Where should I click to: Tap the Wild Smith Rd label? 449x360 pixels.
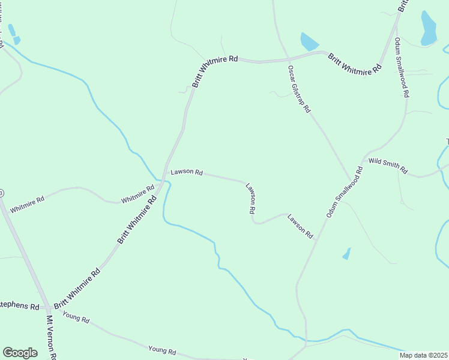[388, 166]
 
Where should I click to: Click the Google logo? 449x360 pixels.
[20, 353]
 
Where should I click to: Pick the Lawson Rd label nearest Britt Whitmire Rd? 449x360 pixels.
[187, 172]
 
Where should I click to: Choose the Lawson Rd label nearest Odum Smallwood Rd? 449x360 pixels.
[300, 226]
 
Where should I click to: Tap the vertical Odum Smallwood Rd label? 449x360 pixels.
[402, 68]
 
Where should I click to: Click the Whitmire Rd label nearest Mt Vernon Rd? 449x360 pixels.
[28, 204]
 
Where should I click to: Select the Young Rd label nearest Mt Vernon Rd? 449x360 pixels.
[76, 318]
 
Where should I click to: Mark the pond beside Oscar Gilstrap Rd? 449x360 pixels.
[309, 41]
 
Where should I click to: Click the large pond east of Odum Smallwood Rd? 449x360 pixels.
[428, 28]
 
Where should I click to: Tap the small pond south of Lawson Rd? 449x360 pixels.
[346, 254]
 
